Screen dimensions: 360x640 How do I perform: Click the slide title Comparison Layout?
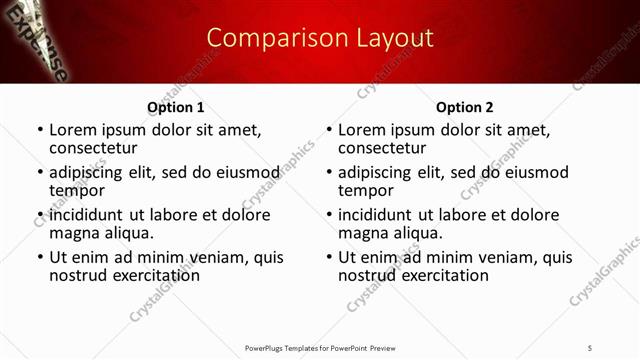(320, 39)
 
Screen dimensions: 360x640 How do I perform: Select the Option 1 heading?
(176, 107)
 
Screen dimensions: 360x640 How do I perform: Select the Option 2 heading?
(464, 107)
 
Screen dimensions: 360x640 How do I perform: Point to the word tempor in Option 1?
(77, 190)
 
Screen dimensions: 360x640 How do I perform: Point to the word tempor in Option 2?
(365, 190)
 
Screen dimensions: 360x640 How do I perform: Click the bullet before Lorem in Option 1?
(40, 130)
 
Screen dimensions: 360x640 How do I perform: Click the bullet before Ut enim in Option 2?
(328, 258)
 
